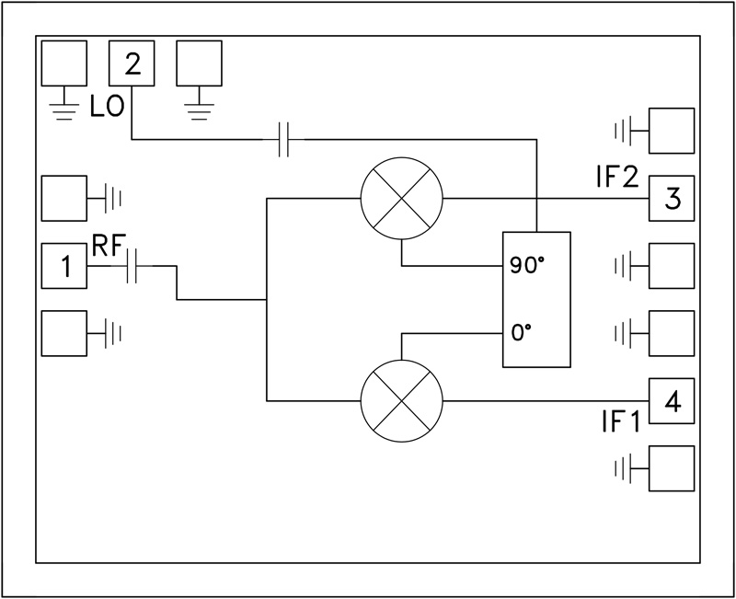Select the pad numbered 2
click(132, 63)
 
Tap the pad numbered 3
click(672, 199)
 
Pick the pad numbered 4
click(672, 401)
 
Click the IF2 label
click(616, 178)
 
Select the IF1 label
click(618, 421)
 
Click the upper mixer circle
click(401, 199)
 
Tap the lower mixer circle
click(401, 401)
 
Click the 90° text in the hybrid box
click(527, 266)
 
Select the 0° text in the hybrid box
click(522, 332)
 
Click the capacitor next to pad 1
click(133, 267)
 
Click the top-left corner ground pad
click(64, 63)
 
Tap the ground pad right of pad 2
click(200, 63)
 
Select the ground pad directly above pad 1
click(64, 198)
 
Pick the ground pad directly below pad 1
click(64, 333)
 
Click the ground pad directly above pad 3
click(672, 131)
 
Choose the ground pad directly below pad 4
click(672, 468)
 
